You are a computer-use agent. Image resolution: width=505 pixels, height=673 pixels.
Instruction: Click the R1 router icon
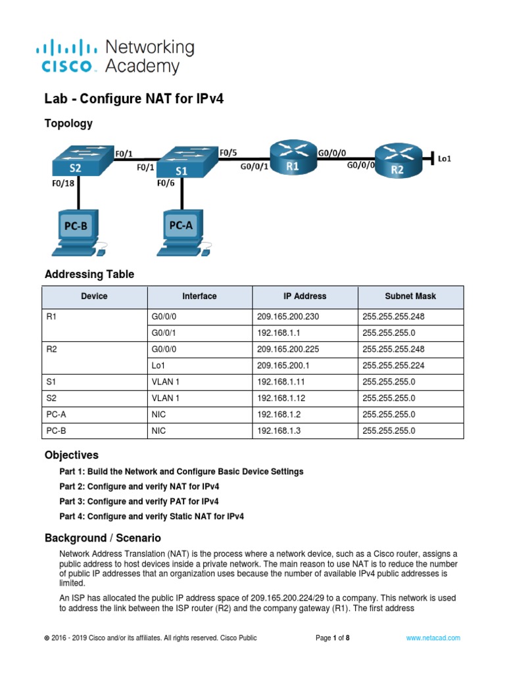pos(292,157)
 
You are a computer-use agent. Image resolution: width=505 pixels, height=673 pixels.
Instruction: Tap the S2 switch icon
pos(78,160)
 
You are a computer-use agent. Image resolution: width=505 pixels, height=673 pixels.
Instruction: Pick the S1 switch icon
pos(186,162)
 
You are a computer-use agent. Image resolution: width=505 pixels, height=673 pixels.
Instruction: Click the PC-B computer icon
pos(78,232)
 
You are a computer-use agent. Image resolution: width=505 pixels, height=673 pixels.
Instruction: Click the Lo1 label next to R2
pos(444,158)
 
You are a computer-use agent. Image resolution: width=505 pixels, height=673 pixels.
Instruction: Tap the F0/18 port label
pos(64,185)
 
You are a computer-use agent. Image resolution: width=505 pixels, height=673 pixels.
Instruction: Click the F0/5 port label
pos(228,153)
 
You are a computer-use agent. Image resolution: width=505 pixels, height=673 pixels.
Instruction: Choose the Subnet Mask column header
pos(410,296)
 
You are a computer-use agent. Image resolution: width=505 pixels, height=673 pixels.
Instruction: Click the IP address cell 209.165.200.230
pos(287,316)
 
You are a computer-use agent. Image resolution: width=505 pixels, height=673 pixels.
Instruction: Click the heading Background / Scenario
pos(103,538)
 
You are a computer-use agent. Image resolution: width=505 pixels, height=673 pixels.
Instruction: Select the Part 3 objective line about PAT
pos(139,501)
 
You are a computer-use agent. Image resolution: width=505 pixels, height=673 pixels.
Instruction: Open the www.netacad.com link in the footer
pos(433,638)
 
